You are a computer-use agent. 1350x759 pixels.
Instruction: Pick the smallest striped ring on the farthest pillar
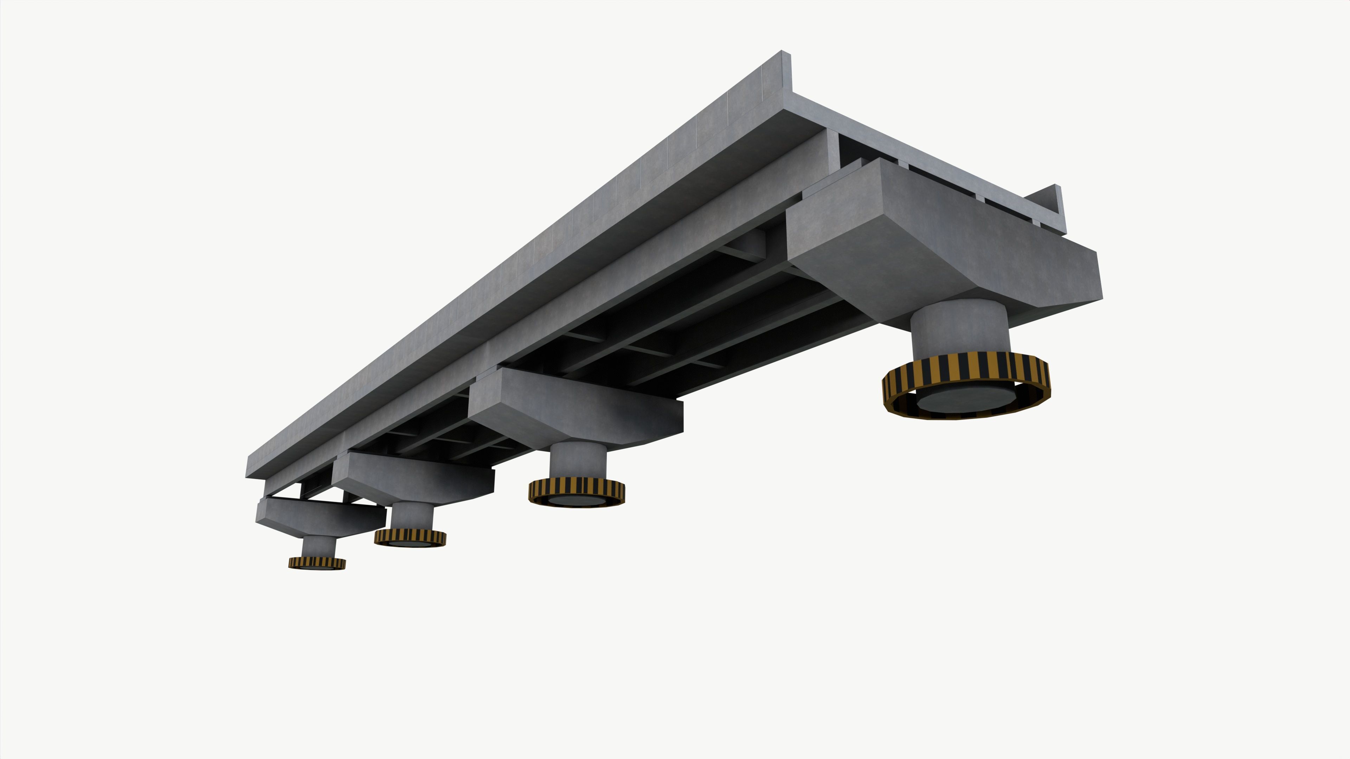(x=316, y=563)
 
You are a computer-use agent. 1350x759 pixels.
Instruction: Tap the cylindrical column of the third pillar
(x=412, y=516)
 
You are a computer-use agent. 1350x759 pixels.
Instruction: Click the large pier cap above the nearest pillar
(x=943, y=246)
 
